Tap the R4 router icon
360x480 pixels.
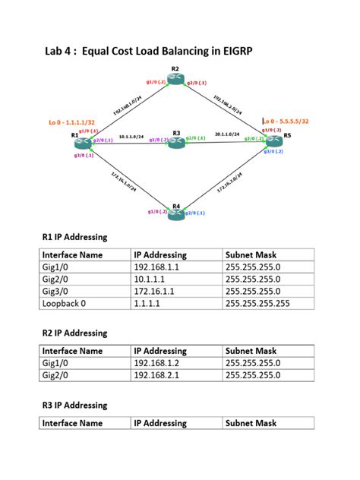[x=177, y=215]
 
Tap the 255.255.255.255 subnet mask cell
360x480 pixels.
[x=258, y=303]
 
